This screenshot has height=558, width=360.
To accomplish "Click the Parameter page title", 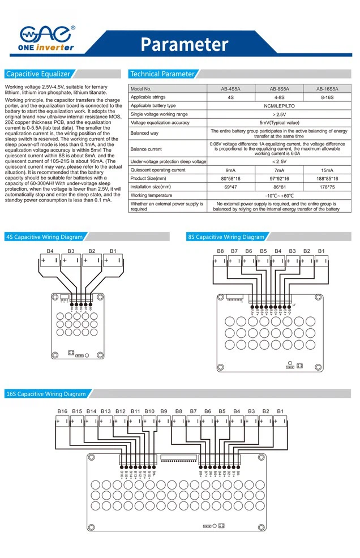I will pyautogui.click(x=184, y=44).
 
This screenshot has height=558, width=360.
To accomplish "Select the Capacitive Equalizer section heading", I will pyautogui.click(x=38, y=74).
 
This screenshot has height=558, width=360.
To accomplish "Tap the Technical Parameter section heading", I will pyautogui.click(x=162, y=74).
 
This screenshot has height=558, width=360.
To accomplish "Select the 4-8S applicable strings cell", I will pyautogui.click(x=279, y=97).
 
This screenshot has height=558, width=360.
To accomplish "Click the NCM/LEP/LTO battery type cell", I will pyautogui.click(x=279, y=106).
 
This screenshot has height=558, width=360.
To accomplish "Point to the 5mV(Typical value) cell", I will pyautogui.click(x=279, y=122).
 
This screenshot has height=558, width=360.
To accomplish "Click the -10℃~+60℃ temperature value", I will pyautogui.click(x=279, y=195).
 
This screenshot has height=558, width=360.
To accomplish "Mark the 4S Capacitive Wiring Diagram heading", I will pyautogui.click(x=44, y=237).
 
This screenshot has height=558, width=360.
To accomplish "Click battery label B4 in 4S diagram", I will pyautogui.click(x=50, y=251).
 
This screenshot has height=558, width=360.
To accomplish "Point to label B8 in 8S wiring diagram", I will pyautogui.click(x=220, y=251).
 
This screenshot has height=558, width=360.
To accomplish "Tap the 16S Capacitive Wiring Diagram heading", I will pyautogui.click(x=46, y=394).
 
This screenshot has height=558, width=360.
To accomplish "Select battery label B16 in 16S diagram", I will pyautogui.click(x=62, y=411).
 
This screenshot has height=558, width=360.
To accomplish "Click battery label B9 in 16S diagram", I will pyautogui.click(x=164, y=411).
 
